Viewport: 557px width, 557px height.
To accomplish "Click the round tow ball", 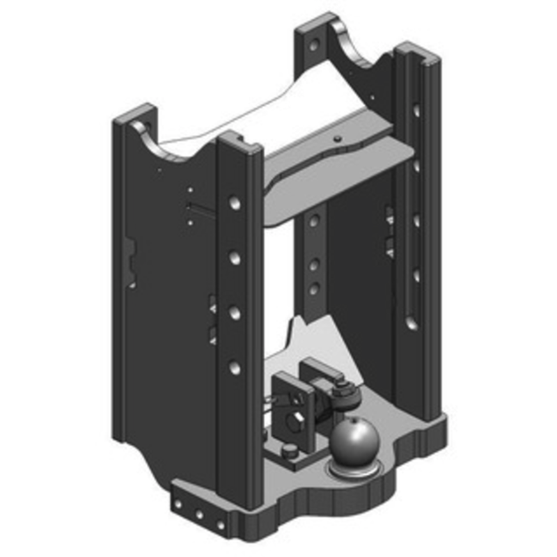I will (354, 441).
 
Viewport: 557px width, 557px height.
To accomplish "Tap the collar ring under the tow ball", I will (356, 471).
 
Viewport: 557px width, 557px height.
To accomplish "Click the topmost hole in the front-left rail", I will (235, 203).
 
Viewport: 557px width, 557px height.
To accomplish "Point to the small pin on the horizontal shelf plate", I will (337, 139).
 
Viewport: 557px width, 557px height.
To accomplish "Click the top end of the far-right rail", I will (416, 52).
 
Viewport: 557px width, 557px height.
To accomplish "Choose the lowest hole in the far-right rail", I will (412, 322).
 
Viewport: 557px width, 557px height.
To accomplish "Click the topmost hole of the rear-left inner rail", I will (314, 221).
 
